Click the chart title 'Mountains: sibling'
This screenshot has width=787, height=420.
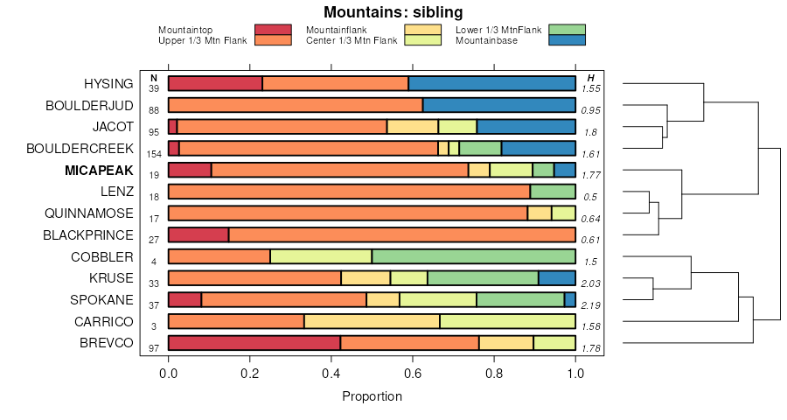coord(393,12)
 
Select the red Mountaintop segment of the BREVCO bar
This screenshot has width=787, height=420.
coord(254,343)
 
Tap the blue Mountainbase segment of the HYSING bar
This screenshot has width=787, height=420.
coord(491,83)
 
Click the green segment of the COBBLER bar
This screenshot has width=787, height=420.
coord(473,256)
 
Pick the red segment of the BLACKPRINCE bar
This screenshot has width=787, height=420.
coord(198,234)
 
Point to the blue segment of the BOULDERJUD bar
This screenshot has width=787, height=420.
coord(498,105)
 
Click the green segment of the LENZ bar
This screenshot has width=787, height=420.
coord(553,192)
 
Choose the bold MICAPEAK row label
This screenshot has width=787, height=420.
coord(99,170)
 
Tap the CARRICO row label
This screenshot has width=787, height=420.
coord(105,321)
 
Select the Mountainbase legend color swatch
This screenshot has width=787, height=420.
coord(567,40)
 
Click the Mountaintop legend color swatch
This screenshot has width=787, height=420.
coord(272,30)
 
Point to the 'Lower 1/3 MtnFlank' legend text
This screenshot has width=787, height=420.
coord(499,30)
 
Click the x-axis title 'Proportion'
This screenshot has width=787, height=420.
coord(372,396)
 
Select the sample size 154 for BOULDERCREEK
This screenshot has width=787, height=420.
coord(154,153)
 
